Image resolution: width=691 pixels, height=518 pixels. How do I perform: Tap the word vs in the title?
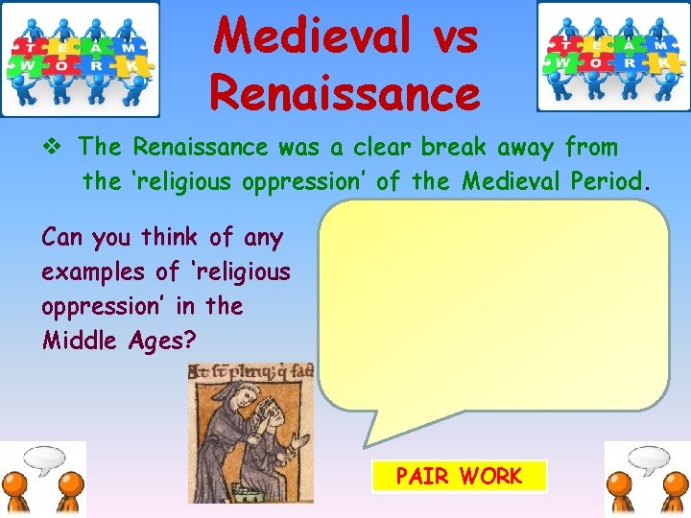(446, 36)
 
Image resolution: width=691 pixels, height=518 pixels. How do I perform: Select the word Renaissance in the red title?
(345, 93)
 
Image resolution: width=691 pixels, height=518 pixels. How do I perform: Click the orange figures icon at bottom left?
(43, 479)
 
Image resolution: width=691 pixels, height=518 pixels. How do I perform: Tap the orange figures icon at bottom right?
(647, 479)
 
